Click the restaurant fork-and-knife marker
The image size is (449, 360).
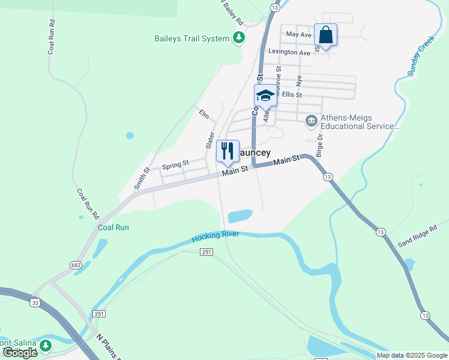228,151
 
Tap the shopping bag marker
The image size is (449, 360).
325,34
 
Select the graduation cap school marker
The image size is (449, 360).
265,95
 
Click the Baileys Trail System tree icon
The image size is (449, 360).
240,38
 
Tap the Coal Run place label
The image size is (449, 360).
113,227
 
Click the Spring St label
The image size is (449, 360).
176,163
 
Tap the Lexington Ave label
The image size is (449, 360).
289,52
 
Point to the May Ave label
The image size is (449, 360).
299,35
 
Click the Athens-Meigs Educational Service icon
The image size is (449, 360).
311,121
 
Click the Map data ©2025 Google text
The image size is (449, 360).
412,355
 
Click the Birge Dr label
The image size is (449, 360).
319,145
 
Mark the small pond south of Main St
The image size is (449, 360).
240,215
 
